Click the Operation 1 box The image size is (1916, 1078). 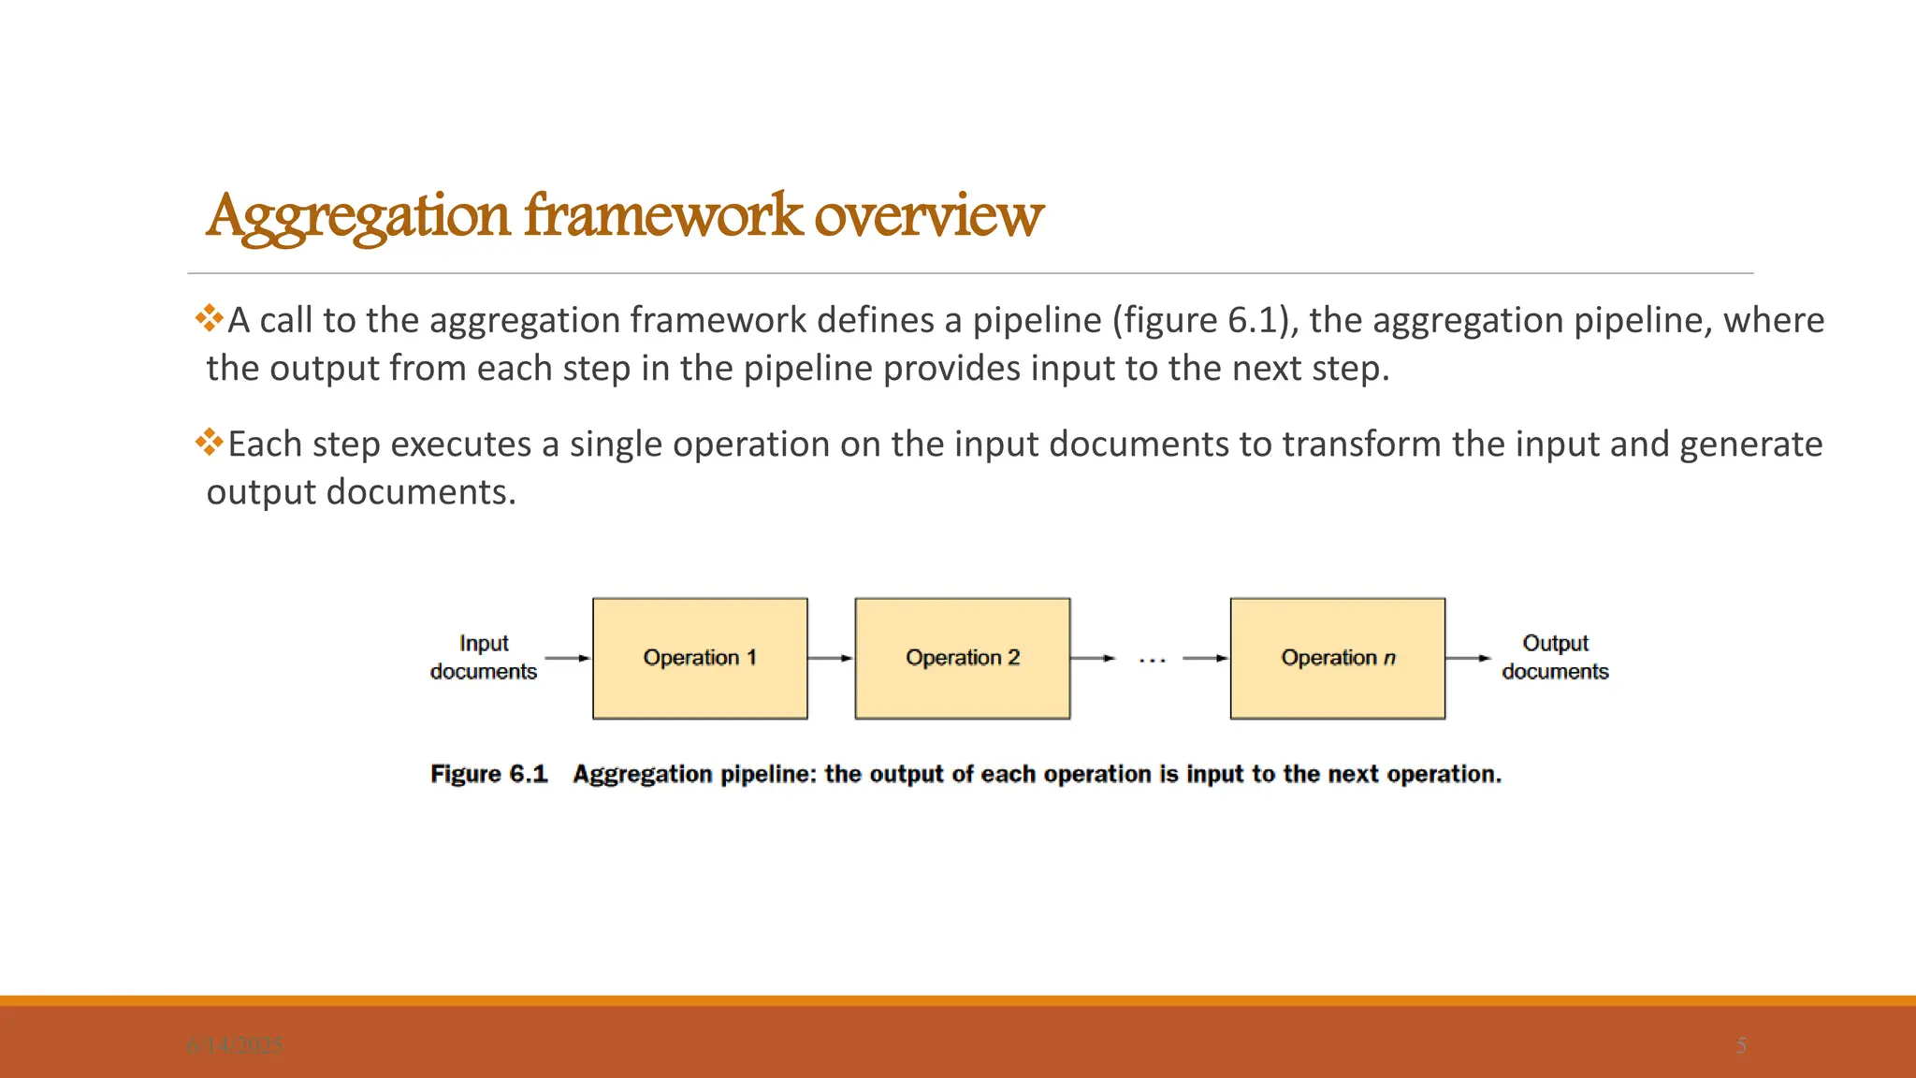click(700, 658)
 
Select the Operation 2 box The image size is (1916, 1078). click(962, 658)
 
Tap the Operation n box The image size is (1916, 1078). click(1337, 658)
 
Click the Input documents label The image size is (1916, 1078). click(484, 657)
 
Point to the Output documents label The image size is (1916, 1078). click(1555, 657)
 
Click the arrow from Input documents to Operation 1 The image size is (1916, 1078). click(567, 658)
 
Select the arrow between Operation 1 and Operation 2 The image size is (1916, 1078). click(831, 658)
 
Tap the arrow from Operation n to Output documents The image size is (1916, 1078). click(1468, 658)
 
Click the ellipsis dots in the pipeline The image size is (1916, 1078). click(1152, 661)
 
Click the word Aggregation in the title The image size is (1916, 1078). click(358, 216)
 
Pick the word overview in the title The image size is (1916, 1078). click(928, 216)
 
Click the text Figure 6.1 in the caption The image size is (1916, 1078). click(488, 774)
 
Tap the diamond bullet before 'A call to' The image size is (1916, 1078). click(209, 318)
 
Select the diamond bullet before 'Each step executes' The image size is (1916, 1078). click(209, 442)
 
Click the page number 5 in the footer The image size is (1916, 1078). click(1741, 1045)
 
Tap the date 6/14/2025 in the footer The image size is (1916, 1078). click(235, 1045)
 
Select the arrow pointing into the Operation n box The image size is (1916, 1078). click(1206, 658)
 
